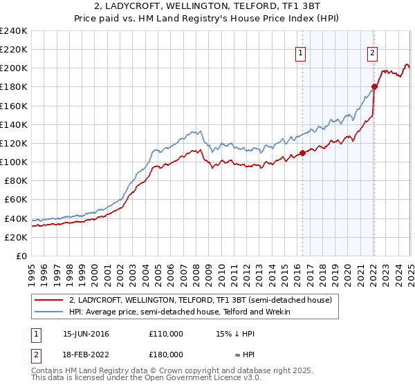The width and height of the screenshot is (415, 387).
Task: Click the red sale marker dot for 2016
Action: point(302,153)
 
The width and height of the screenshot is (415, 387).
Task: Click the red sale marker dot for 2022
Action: point(374,86)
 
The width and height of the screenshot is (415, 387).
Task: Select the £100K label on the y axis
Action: point(13,162)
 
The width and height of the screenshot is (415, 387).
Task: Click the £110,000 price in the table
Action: point(166,333)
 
